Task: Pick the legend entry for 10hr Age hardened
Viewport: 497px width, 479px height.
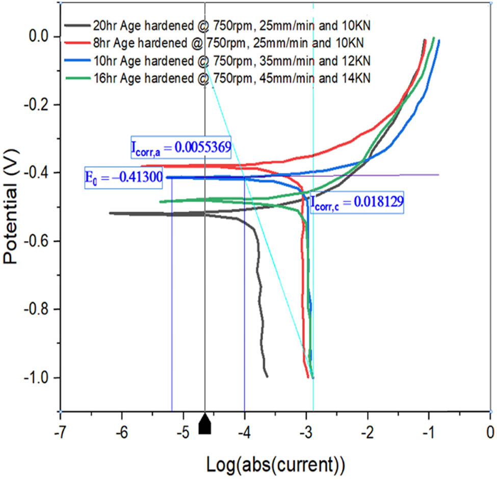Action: tap(219, 61)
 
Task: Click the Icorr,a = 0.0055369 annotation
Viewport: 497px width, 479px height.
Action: tap(180, 148)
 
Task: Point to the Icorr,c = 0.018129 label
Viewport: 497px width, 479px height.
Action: tap(356, 202)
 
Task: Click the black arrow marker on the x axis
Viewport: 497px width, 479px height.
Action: tap(204, 424)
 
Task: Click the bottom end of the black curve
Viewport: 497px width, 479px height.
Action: tap(267, 376)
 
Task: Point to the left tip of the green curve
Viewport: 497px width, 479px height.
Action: tap(160, 202)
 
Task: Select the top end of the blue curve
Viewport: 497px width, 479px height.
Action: tap(439, 41)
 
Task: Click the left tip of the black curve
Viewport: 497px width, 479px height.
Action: tap(110, 213)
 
